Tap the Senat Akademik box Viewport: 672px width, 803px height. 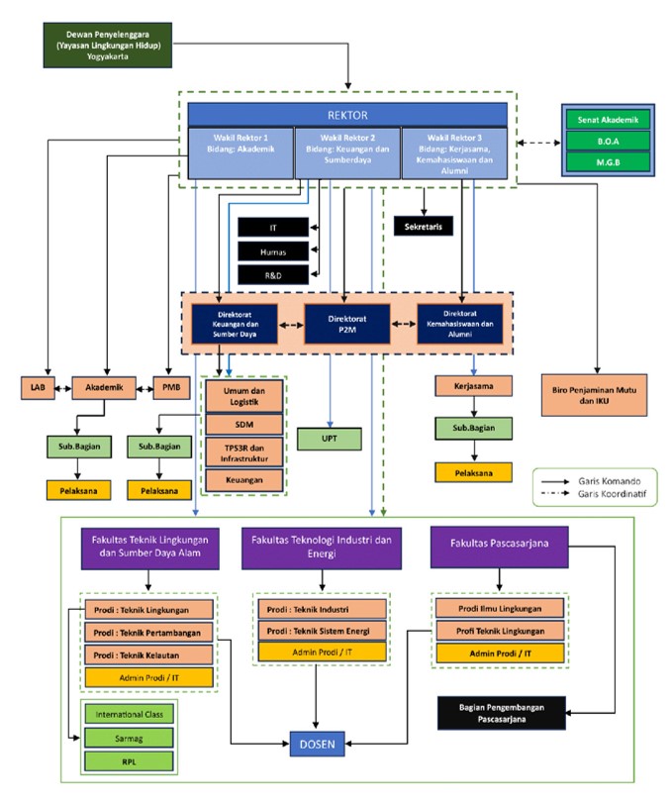tap(608, 120)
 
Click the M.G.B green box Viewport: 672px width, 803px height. tap(608, 160)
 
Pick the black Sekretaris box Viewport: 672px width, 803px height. tap(423, 227)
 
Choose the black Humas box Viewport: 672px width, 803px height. tap(273, 251)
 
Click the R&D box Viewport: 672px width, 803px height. tap(273, 275)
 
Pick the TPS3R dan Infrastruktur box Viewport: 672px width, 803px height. tap(243, 452)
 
